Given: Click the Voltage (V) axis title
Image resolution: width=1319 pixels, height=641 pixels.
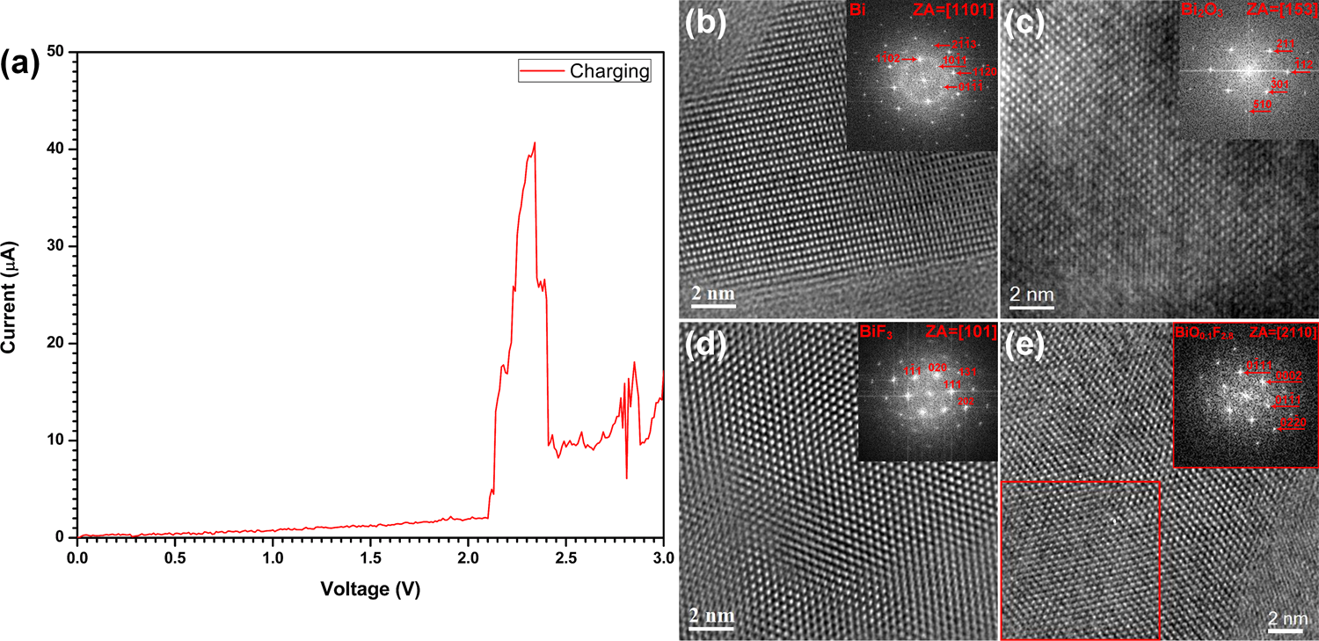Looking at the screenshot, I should pos(370,588).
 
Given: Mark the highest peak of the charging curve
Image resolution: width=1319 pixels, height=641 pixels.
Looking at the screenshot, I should pos(534,142).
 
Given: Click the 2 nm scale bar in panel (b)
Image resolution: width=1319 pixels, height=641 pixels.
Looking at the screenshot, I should pos(712,298).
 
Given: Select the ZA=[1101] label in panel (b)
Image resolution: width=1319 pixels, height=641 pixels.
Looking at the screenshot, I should pos(960,13).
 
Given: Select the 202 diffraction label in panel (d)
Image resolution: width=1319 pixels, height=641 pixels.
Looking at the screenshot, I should pos(966,400).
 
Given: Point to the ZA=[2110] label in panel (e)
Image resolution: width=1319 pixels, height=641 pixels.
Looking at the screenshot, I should pos(1283,333).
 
